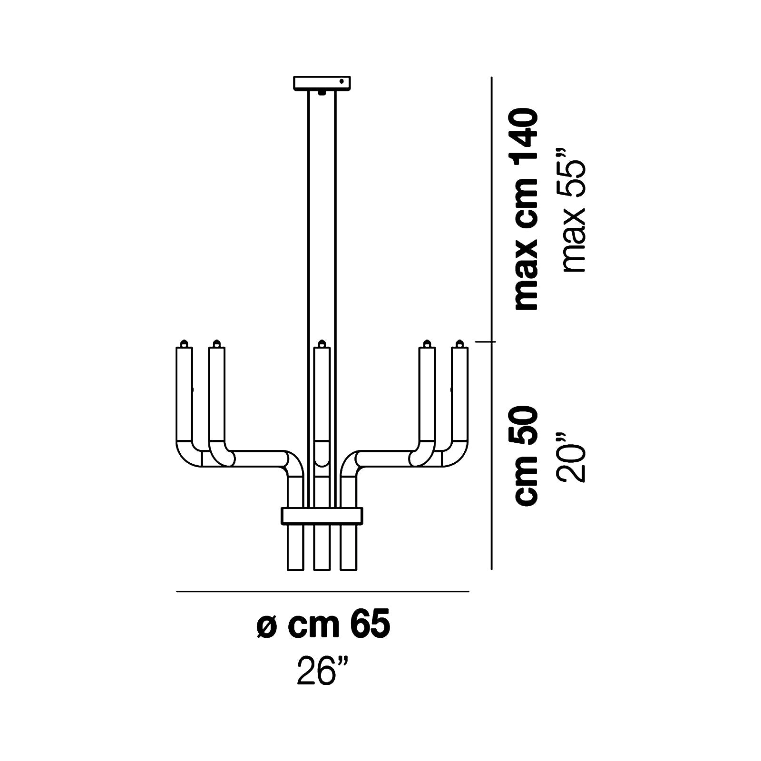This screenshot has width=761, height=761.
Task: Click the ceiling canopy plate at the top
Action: [x=322, y=83]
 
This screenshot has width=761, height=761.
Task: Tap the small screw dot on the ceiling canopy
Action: [x=341, y=82]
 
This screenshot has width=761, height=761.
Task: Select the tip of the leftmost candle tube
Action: [x=184, y=342]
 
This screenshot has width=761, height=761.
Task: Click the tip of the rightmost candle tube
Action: [x=459, y=342]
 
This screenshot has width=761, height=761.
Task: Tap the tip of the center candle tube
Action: [x=322, y=342]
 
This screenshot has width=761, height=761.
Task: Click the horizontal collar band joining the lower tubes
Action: [x=322, y=515]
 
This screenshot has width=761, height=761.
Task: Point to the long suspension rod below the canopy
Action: [x=322, y=214]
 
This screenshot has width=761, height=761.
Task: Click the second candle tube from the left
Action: [x=217, y=395]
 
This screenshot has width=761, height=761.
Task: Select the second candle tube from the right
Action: [x=427, y=395]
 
